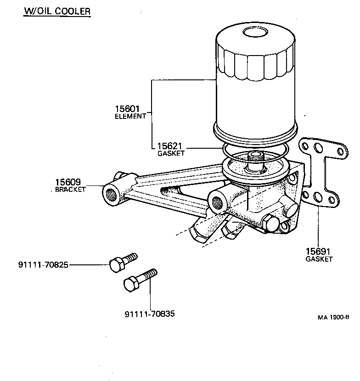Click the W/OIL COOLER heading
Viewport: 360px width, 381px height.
coord(57,11)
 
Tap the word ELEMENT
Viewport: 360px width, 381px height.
coord(130,116)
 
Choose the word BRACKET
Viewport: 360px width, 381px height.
coord(70,190)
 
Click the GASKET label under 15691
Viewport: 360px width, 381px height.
coord(319,259)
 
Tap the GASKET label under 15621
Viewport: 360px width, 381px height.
coord(171,153)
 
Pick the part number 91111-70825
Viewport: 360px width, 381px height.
coord(43,265)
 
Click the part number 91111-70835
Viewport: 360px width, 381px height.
coord(150,314)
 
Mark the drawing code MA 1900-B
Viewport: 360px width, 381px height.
coord(333,317)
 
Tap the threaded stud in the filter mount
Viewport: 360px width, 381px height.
coord(254,158)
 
